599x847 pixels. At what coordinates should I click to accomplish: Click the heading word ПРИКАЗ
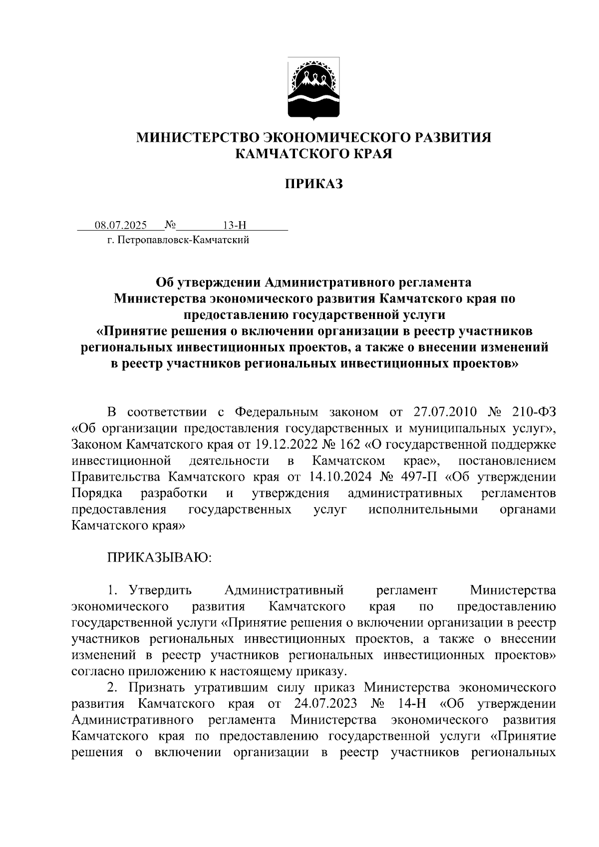[x=314, y=185]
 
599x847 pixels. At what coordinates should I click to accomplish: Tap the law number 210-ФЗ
[x=534, y=412]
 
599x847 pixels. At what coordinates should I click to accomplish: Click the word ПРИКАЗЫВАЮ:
[x=159, y=558]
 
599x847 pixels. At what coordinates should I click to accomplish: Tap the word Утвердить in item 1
[x=160, y=591]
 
